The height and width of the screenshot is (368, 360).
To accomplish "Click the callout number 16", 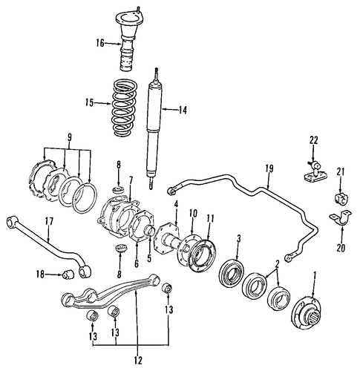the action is point(100,44).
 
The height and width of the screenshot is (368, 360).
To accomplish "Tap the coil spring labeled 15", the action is point(125,108).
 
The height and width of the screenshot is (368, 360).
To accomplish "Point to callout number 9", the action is point(69,137).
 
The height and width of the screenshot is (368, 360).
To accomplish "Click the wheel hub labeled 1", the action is point(307,311).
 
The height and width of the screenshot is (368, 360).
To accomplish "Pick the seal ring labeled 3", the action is point(232,271).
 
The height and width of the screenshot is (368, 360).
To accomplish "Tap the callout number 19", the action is point(269,169).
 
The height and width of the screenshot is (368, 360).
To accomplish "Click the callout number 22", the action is point(313,140).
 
